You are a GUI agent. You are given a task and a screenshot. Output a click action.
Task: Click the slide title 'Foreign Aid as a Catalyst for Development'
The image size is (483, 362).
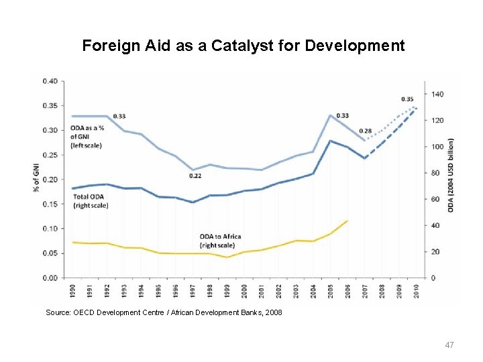click(x=243, y=46)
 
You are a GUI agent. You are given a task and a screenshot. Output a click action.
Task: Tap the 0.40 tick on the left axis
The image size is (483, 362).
click(x=50, y=81)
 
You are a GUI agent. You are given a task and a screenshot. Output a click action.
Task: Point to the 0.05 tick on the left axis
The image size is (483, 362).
click(x=50, y=253)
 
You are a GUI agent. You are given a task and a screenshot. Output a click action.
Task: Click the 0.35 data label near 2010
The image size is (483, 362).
click(x=407, y=99)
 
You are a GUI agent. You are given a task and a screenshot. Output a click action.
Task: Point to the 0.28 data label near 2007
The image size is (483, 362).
click(x=366, y=131)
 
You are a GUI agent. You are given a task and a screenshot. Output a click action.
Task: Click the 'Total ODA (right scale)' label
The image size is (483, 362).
click(x=90, y=201)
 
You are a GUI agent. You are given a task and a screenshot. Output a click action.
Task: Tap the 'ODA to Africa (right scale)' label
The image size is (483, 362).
click(x=221, y=241)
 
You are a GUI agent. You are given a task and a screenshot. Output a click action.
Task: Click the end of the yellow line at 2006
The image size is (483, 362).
click(x=347, y=221)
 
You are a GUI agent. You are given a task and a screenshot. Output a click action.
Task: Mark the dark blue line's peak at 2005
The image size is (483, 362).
click(x=330, y=141)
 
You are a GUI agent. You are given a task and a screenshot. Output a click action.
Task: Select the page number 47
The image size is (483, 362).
click(x=450, y=345)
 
